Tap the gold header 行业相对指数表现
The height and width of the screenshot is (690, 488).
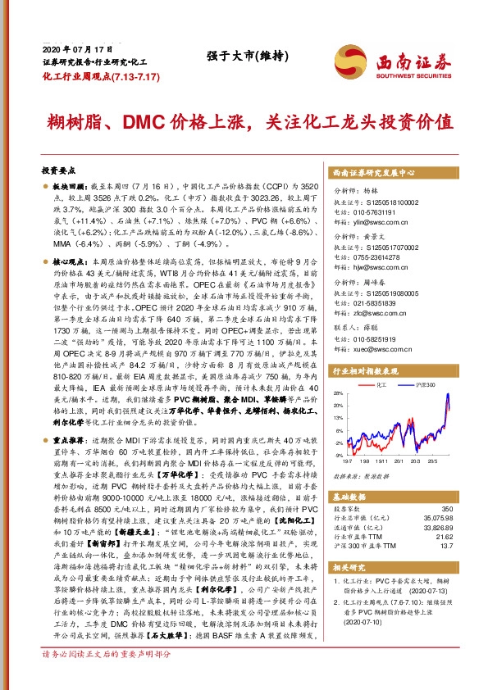tap(373, 370)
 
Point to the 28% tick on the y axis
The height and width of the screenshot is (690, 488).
tap(340, 393)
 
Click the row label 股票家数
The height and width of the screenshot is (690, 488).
tap(349, 511)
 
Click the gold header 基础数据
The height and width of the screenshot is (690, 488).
tap(351, 497)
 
